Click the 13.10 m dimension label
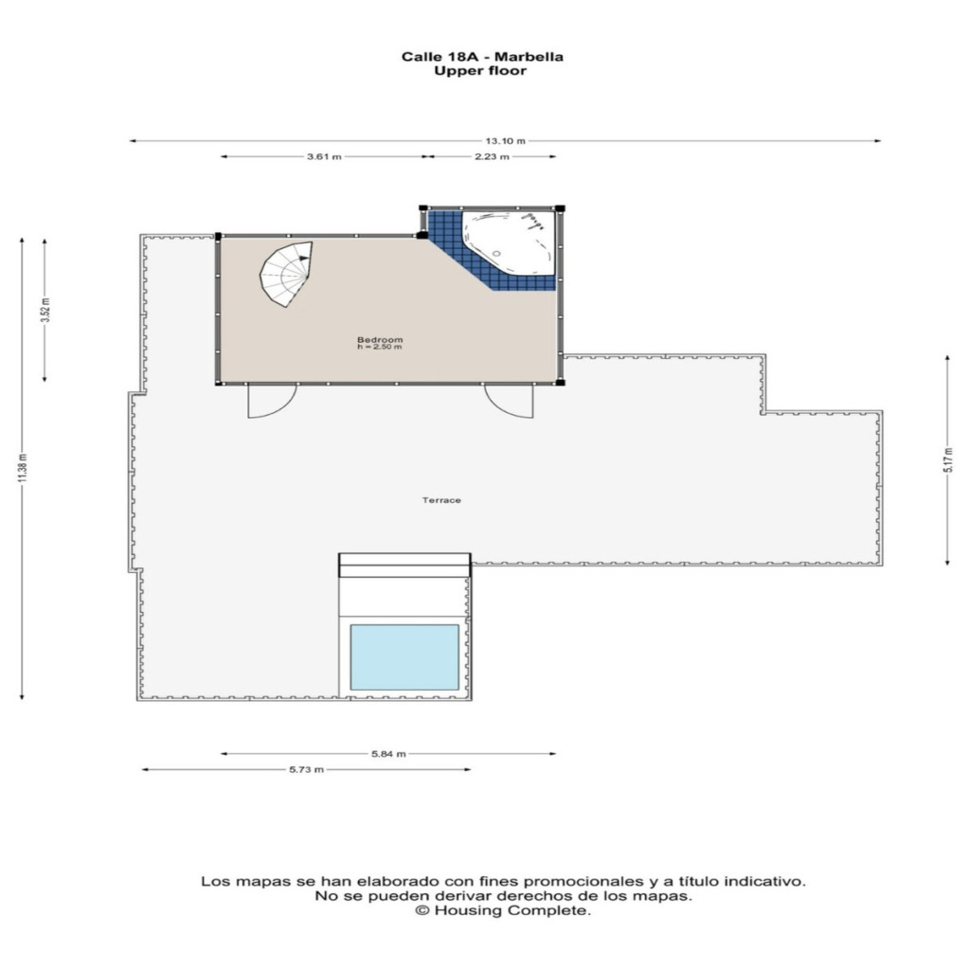[x=505, y=141]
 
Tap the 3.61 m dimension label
[x=324, y=156]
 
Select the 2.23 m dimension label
[x=492, y=156]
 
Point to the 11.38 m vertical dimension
[x=23, y=468]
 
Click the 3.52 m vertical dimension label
[x=45, y=310]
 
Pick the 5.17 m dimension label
[x=947, y=460]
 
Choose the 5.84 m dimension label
[x=388, y=753]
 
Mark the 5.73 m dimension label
[x=306, y=769]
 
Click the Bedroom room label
[x=380, y=340]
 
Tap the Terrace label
[x=441, y=500]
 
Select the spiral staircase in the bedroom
[x=286, y=274]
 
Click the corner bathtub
[x=509, y=242]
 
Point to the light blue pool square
[x=404, y=657]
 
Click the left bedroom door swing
[x=272, y=401]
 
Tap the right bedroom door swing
[x=509, y=401]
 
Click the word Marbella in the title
[x=530, y=57]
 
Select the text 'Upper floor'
[x=480, y=70]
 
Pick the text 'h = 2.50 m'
[x=379, y=347]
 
